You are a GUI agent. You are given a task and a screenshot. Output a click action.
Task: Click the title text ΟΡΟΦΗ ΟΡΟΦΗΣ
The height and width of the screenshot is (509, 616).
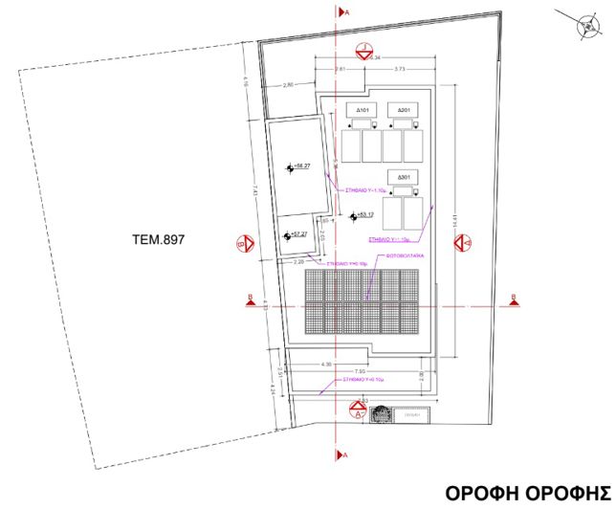(528, 493)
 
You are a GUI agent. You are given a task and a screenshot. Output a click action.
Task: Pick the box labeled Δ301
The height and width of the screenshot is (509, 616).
(403, 178)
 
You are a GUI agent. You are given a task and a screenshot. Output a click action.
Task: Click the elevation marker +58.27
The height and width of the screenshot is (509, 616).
(301, 167)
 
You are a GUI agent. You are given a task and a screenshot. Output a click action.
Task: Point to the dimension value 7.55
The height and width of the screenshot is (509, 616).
(360, 371)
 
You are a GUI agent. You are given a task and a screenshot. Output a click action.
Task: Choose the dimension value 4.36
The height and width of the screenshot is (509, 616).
(325, 364)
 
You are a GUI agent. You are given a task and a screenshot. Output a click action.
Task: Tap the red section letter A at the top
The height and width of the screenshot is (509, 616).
(345, 11)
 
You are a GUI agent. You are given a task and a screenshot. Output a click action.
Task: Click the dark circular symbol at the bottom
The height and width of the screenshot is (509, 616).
(380, 414)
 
